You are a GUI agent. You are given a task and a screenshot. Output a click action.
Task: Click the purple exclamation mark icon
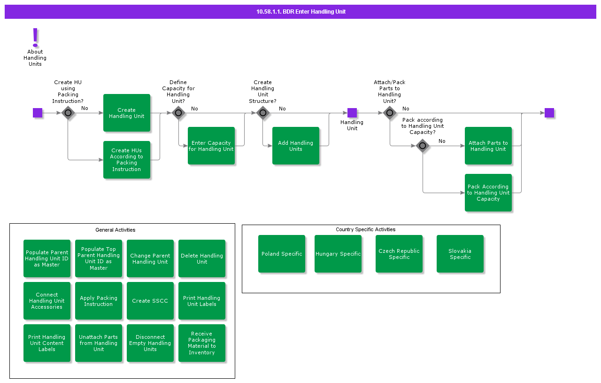[x=35, y=38]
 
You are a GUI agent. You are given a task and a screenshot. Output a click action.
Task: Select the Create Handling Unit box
[x=127, y=113]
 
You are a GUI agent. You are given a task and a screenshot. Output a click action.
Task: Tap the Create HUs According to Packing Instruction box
[x=127, y=160]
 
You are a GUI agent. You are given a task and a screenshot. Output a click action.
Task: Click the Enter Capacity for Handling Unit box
[x=211, y=146]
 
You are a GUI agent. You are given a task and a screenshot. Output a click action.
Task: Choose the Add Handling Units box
[x=296, y=146]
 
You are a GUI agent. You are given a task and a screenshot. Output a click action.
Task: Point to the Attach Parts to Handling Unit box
[x=488, y=146]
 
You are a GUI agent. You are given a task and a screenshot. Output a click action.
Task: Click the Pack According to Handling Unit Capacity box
[x=488, y=193]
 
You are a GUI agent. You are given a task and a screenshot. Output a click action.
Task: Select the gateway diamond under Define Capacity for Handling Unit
[x=178, y=113]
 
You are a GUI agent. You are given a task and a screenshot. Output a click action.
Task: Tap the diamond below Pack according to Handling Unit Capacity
[x=423, y=146]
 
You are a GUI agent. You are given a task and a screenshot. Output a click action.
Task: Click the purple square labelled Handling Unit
[x=352, y=113]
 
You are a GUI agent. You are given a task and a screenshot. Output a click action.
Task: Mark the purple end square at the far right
[x=549, y=113]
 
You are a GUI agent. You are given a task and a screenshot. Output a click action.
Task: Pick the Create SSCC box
[x=150, y=301]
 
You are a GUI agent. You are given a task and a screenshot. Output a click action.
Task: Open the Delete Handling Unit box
[x=202, y=258]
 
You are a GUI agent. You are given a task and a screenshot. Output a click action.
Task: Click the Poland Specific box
[x=282, y=254]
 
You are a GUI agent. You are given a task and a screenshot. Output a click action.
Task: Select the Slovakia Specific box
[x=460, y=254]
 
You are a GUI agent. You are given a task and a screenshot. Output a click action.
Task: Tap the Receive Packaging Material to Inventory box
[x=202, y=343]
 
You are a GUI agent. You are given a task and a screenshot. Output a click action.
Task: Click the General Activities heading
[x=116, y=230]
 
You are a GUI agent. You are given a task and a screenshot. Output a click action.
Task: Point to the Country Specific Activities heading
[x=365, y=229]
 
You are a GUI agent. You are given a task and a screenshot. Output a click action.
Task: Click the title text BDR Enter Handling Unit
[x=314, y=12]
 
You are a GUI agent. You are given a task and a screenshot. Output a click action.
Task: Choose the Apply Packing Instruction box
[x=99, y=301]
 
